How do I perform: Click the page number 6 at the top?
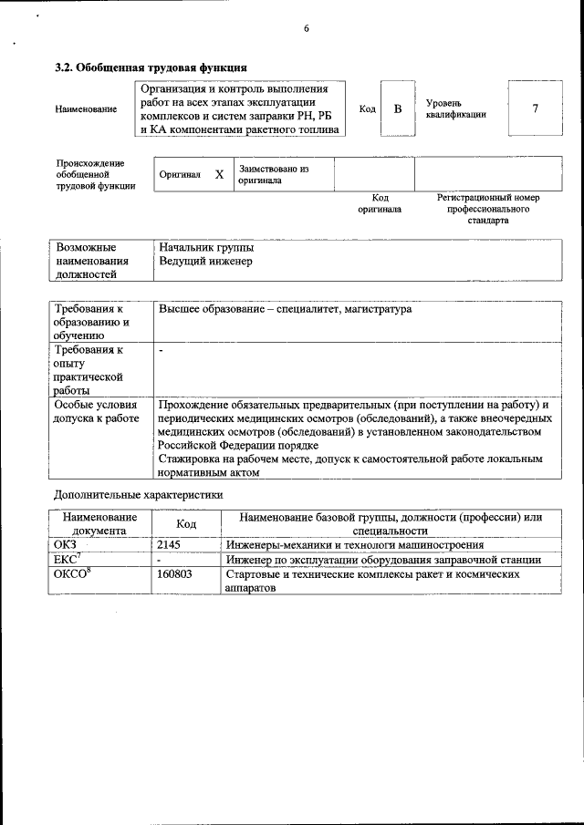[307, 28]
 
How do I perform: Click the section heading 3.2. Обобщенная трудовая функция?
[151, 67]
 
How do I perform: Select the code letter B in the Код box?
[397, 109]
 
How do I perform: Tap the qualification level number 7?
[535, 109]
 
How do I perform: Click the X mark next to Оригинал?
[219, 174]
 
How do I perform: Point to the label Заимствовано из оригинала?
[274, 175]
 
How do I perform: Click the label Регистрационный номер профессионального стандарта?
[488, 209]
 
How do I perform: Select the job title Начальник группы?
[206, 247]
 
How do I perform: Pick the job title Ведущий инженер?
[205, 262]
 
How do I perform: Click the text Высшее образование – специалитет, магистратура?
[285, 310]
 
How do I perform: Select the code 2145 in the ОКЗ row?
[170, 544]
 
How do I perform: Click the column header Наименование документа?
[99, 523]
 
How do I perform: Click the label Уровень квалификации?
[455, 108]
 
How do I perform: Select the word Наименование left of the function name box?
[86, 109]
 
